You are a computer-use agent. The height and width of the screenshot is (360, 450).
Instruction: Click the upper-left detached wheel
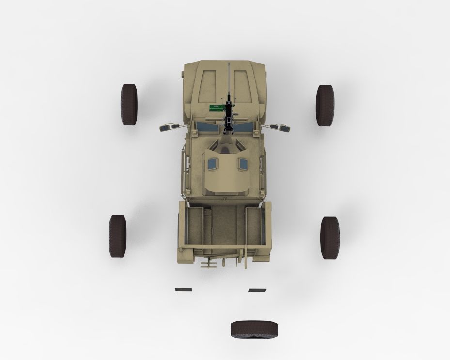129,105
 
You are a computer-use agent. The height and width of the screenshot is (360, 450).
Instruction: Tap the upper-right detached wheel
325,105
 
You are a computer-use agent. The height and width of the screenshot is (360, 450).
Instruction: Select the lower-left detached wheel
117,236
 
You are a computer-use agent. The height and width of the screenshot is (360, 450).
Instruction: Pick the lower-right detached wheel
330,237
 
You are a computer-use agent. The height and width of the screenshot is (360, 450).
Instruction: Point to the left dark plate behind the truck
183,289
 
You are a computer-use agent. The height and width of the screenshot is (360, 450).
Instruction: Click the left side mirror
167,127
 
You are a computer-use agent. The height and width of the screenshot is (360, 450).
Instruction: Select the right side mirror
282,127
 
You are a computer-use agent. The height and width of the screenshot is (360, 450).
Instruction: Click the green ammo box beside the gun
214,108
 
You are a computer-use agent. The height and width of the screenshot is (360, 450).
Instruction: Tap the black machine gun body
228,114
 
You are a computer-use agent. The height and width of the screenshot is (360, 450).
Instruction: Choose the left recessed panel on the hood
207,87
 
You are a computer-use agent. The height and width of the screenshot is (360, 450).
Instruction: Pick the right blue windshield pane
246,127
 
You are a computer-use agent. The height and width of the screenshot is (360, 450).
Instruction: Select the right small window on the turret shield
242,165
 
